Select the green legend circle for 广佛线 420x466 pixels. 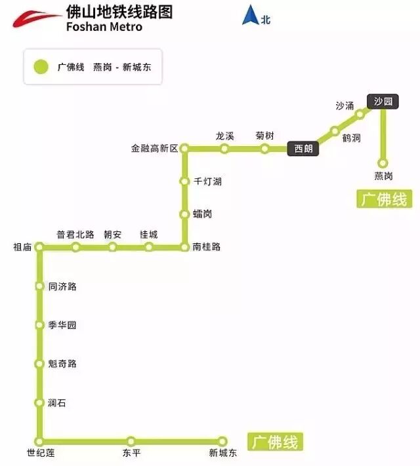click(x=41, y=66)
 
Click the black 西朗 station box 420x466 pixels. click(x=303, y=149)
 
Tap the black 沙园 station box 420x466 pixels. click(x=383, y=101)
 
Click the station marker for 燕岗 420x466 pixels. click(x=383, y=163)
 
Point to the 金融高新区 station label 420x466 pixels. click(x=154, y=149)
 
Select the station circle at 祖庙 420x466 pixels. click(x=39, y=247)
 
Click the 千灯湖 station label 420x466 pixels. click(x=208, y=182)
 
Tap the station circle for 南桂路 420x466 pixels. click(x=184, y=247)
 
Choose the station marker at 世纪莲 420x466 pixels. click(x=39, y=441)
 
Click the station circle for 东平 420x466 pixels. click(x=131, y=441)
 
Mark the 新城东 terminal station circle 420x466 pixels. click(x=222, y=441)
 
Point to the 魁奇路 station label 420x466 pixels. click(x=63, y=364)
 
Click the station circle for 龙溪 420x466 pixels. click(x=224, y=149)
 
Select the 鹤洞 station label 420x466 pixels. click(x=351, y=138)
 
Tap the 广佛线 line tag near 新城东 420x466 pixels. click(x=275, y=442)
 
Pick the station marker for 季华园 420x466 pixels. click(x=39, y=325)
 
